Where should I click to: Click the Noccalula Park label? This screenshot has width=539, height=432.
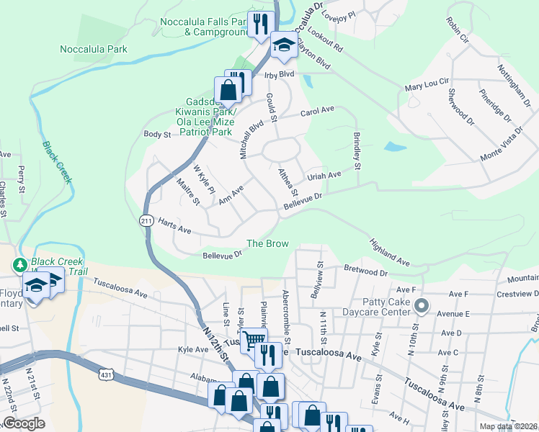click(x=94, y=49)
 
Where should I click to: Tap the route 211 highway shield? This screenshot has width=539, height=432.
click(x=146, y=221)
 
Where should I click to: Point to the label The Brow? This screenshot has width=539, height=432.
click(x=267, y=244)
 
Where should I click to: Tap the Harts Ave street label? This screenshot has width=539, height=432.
click(x=174, y=226)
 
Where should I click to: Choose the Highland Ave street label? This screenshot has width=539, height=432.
click(x=390, y=251)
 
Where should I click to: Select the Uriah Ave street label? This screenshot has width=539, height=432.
click(x=324, y=175)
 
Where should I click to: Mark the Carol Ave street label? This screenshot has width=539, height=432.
click(x=317, y=111)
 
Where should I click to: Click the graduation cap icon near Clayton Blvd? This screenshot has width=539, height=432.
click(x=284, y=46)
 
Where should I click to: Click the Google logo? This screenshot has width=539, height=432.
click(x=24, y=423)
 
